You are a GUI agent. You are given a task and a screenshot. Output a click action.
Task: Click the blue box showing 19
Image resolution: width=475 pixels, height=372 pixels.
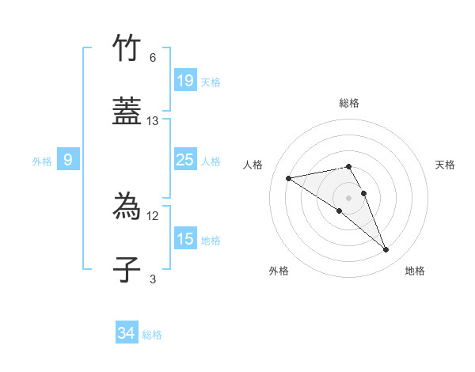(x=184, y=81)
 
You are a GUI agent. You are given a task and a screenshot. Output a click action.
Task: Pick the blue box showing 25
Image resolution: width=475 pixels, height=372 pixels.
(x=184, y=161)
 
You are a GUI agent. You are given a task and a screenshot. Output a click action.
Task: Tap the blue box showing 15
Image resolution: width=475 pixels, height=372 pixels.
(x=184, y=240)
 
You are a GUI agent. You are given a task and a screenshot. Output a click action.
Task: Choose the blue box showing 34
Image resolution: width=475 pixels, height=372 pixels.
(x=127, y=334)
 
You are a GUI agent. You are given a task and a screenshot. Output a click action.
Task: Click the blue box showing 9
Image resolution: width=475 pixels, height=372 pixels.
(x=68, y=161)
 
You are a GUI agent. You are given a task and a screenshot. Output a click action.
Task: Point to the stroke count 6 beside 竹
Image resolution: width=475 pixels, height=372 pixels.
(x=153, y=58)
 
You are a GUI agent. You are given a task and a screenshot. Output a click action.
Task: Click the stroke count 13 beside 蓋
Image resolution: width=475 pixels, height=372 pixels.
(x=153, y=121)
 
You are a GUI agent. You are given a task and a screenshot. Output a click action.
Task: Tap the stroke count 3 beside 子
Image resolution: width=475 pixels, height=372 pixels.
(x=153, y=279)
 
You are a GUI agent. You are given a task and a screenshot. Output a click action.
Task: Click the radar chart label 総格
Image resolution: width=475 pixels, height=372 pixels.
(x=349, y=103)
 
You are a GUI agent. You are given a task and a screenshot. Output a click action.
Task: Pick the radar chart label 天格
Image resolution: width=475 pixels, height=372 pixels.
(x=445, y=165)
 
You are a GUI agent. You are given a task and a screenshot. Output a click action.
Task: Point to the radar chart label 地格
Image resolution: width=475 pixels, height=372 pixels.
(x=415, y=271)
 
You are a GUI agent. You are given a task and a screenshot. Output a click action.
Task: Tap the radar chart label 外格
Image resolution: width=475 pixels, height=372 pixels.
(x=279, y=271)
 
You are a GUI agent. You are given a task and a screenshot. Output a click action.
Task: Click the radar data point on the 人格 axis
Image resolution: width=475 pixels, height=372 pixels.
(x=289, y=177)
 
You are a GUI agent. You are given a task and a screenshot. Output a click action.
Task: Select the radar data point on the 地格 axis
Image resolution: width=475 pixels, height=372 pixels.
(x=386, y=250)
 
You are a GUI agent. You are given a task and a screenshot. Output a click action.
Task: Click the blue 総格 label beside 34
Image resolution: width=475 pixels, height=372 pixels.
(x=152, y=335)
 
